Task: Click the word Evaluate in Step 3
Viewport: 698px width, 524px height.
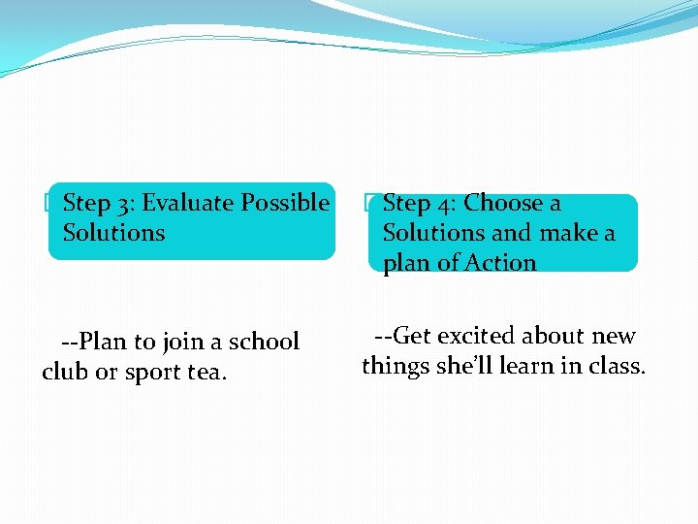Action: tap(188, 203)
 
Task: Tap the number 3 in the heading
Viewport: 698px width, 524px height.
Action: tap(127, 204)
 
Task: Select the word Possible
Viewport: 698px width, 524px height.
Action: tap(285, 203)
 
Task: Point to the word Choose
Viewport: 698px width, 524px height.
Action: tap(505, 203)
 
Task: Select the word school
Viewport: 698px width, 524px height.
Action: tap(264, 342)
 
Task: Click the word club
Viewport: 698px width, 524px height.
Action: tap(63, 372)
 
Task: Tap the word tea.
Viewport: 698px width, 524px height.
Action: tap(205, 372)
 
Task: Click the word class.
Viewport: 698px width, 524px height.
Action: tap(618, 366)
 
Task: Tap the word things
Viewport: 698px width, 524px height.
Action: tap(394, 367)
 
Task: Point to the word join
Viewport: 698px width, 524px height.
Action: tap(181, 343)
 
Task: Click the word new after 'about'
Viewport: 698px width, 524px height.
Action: tap(613, 336)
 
